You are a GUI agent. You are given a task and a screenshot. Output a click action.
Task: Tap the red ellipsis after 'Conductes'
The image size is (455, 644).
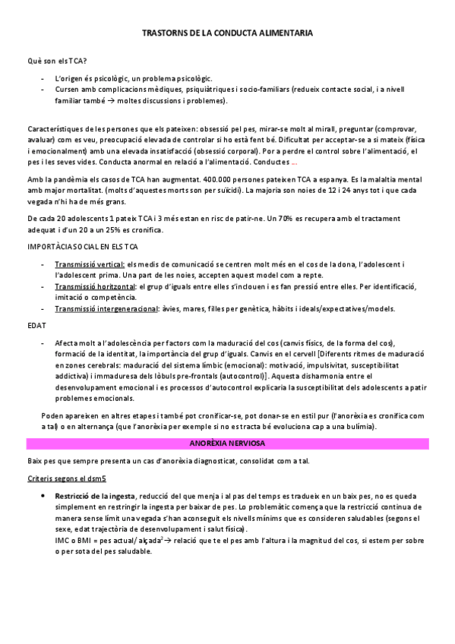[295, 163]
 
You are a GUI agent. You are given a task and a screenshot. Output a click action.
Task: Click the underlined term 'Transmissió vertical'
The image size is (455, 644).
[90, 263]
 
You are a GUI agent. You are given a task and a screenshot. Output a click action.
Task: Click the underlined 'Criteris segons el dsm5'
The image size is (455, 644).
[66, 478]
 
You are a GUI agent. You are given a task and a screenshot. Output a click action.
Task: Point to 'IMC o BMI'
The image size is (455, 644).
[74, 541]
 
